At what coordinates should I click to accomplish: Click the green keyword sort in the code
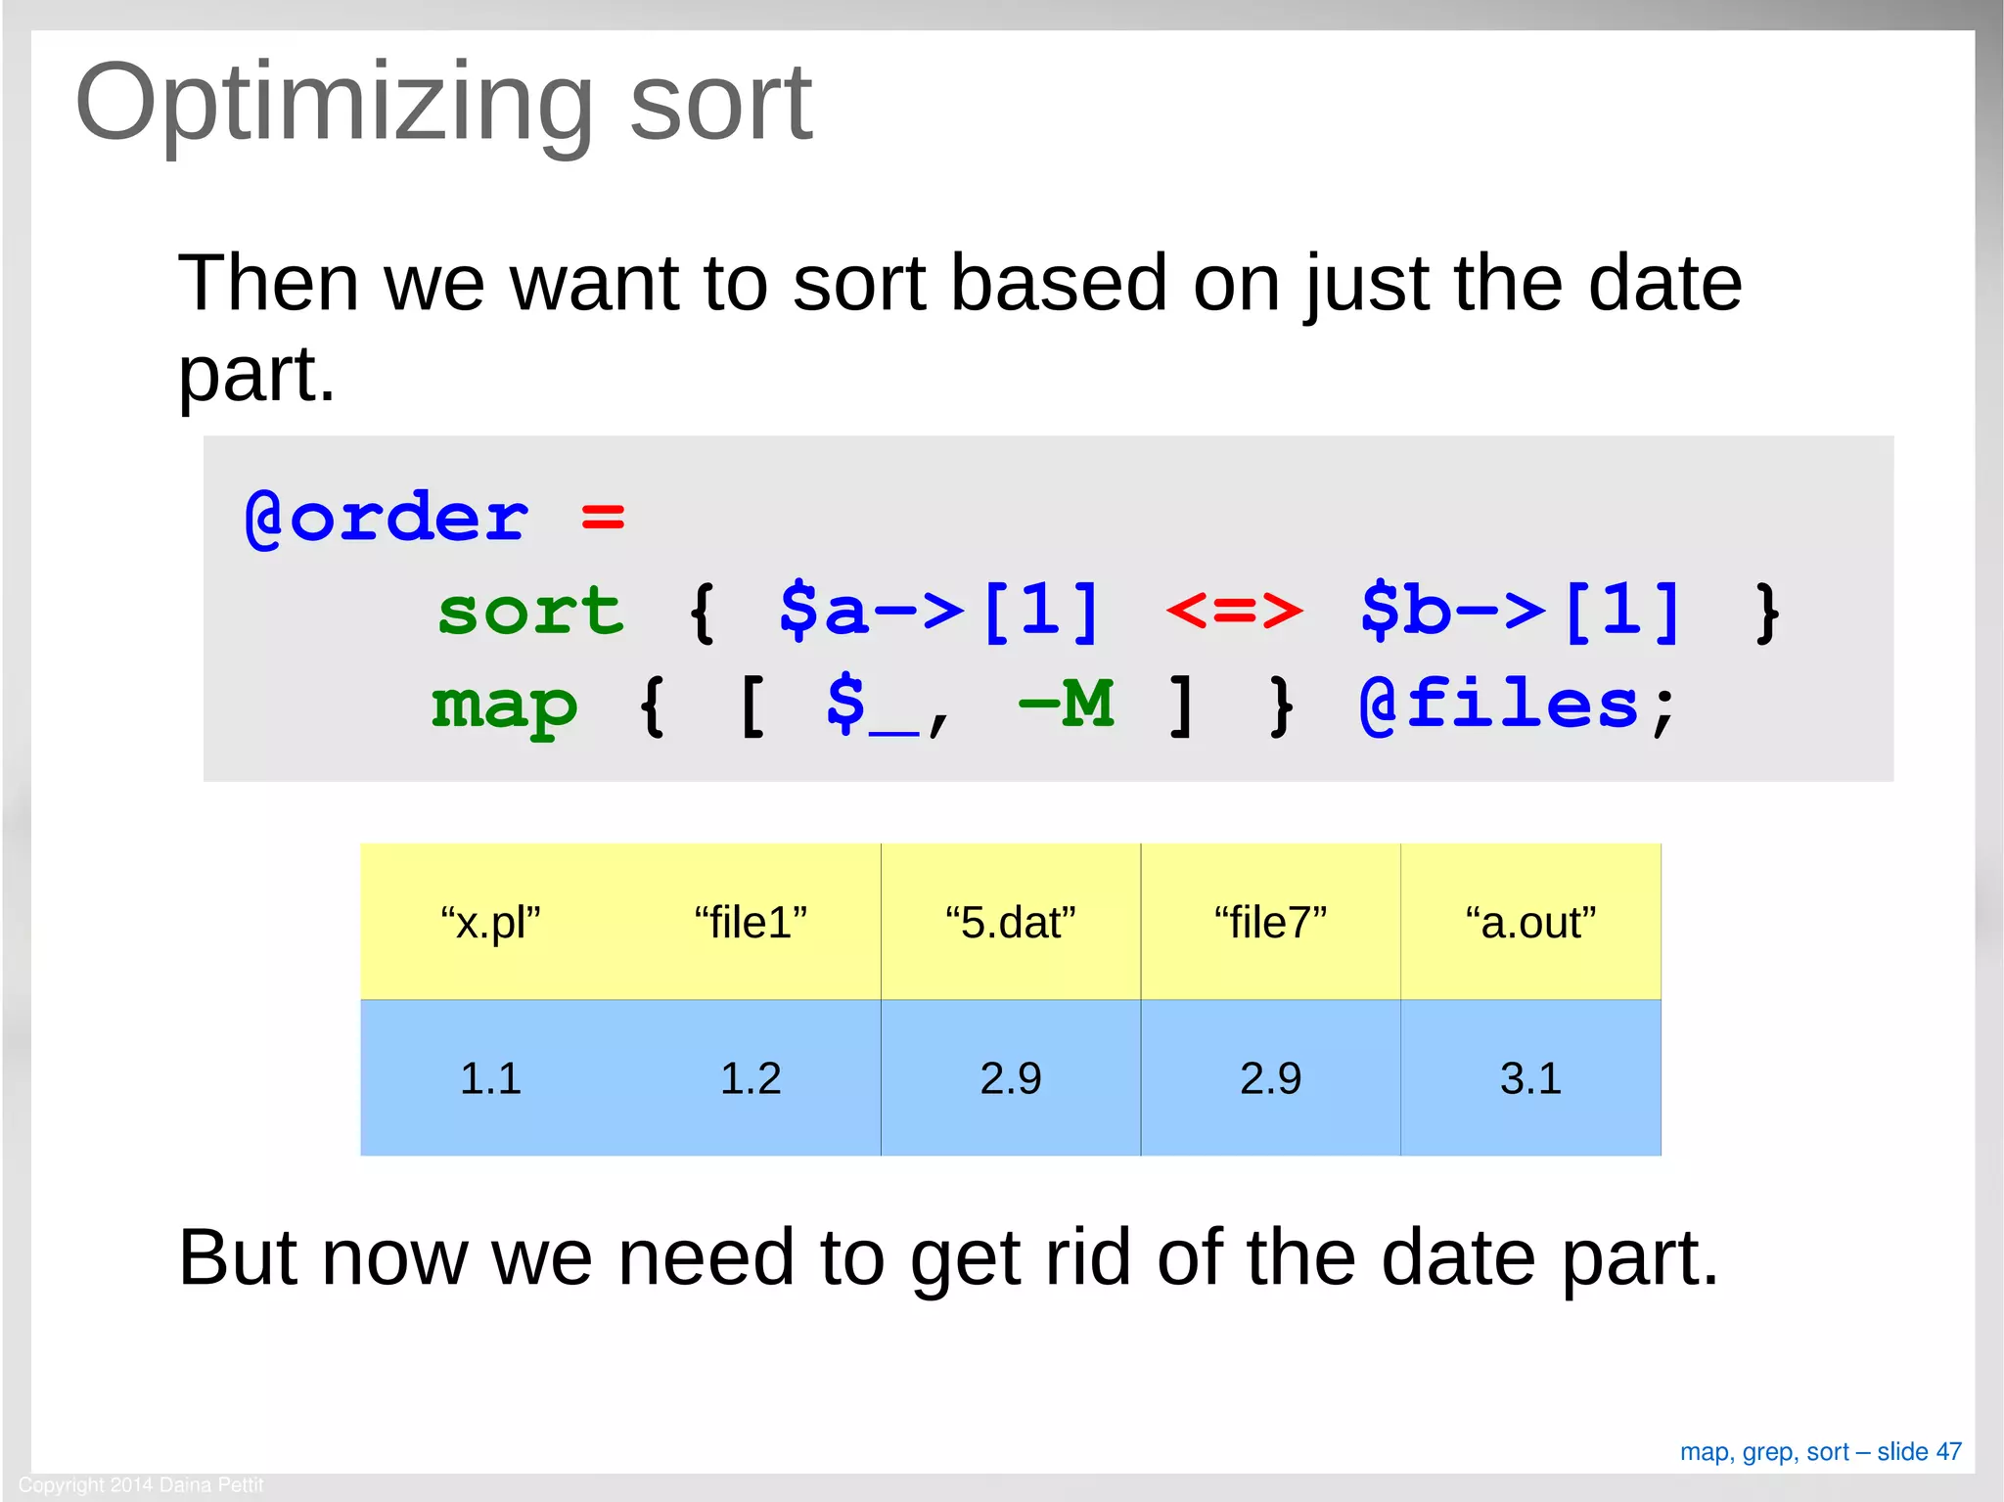click(529, 612)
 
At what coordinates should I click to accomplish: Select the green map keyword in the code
click(505, 705)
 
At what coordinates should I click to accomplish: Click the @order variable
click(387, 518)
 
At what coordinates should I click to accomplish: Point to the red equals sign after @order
click(603, 518)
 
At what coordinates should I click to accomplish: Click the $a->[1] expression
click(939, 612)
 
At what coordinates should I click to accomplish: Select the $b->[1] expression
click(1521, 612)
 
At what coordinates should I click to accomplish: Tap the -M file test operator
click(1066, 705)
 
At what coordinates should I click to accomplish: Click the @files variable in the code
click(1498, 705)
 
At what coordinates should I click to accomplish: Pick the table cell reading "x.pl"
click(490, 923)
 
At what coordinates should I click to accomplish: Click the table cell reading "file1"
click(751, 923)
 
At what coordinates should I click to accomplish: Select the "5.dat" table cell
click(1010, 923)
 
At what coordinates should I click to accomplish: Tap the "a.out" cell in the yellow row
click(1530, 923)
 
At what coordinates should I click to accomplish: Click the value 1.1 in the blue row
click(490, 1078)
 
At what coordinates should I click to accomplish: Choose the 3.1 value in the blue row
click(1530, 1078)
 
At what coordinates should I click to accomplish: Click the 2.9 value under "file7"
click(1270, 1078)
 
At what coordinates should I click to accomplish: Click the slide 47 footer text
click(1820, 1451)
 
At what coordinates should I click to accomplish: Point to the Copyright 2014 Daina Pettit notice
click(141, 1484)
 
